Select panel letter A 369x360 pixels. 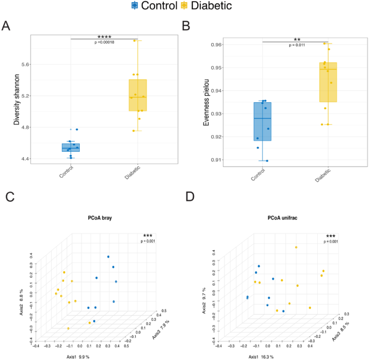tap(6, 26)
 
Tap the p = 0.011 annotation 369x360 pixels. tap(297, 45)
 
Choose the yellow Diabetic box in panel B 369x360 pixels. tap(328, 82)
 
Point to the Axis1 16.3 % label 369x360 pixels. tap(261, 356)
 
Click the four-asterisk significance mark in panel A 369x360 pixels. tap(104, 37)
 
